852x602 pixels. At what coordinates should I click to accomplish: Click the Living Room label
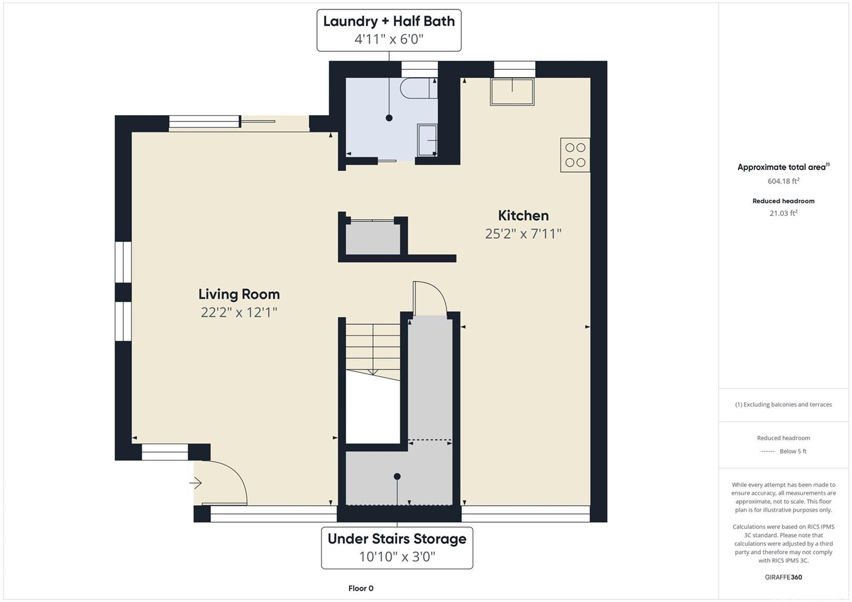239,294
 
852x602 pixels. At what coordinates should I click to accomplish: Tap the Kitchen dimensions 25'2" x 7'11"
523,234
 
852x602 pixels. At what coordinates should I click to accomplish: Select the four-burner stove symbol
575,155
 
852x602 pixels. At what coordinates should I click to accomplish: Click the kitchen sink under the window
512,92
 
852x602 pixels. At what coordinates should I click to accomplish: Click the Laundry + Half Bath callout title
389,21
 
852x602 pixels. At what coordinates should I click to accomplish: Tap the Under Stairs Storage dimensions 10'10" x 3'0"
397,556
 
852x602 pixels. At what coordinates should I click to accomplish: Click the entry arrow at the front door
195,483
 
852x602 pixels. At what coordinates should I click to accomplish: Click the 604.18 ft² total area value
783,181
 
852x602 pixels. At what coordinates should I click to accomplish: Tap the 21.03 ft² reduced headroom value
783,213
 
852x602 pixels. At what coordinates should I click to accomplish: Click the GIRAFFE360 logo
783,577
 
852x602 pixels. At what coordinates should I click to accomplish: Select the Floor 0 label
361,588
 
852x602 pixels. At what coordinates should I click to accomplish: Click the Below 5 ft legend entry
793,451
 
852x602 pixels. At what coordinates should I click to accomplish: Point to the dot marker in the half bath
389,118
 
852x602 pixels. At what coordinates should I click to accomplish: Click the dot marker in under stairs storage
397,476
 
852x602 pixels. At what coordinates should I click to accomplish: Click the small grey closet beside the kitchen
373,238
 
